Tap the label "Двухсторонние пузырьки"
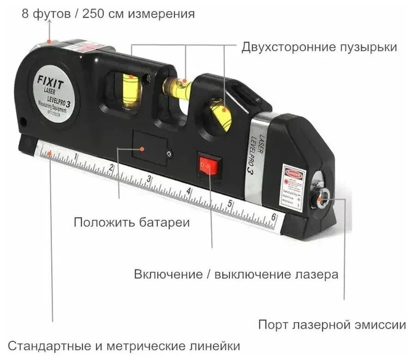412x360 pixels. (319, 48)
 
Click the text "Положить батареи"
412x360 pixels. (132, 223)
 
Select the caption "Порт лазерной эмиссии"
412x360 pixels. (332, 324)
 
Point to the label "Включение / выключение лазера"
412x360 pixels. (236, 275)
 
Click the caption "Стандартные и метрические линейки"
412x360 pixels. (124, 346)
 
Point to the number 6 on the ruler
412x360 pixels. (274, 218)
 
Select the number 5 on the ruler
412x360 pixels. (230, 204)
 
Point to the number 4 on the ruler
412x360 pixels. (189, 192)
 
